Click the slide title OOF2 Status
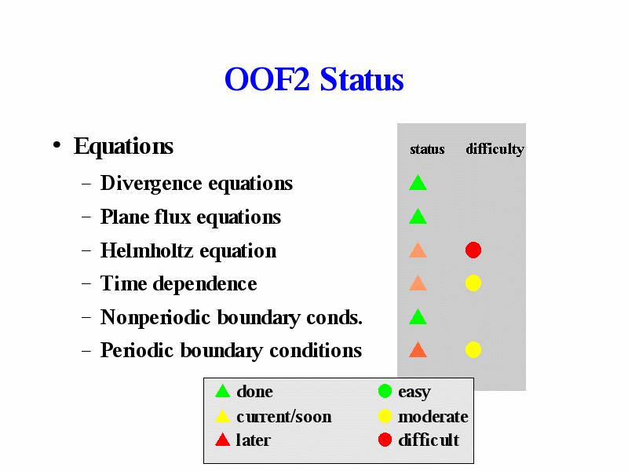314,79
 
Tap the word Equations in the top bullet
123,146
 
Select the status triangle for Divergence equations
418,183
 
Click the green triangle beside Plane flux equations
418,217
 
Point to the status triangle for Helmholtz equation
418,250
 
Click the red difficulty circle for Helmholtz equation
473,250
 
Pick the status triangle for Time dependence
418,283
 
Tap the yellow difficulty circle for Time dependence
473,283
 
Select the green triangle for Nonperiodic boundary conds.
418,317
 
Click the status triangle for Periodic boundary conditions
418,349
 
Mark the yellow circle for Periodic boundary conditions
473,349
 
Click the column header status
427,149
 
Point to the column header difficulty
495,149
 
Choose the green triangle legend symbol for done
223,391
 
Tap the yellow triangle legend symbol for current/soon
223,416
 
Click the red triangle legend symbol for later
223,440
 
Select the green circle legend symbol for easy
385,391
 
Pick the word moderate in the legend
433,417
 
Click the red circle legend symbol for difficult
385,440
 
